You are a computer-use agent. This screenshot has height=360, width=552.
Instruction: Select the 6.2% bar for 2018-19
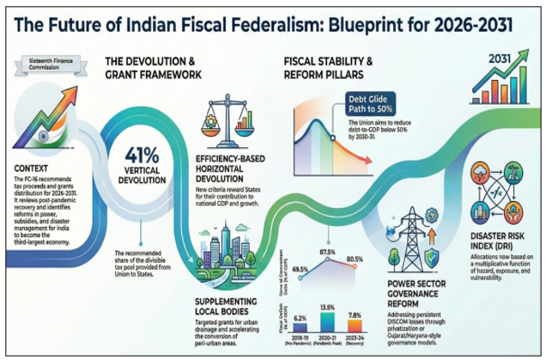pyautogui.click(x=300, y=324)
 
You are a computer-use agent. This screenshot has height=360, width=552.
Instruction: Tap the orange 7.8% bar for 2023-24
pyautogui.click(x=355, y=323)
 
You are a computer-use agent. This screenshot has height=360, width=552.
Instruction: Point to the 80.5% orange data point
pyautogui.click(x=354, y=267)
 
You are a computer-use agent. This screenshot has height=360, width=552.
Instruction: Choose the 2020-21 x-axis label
pyautogui.click(x=325, y=338)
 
